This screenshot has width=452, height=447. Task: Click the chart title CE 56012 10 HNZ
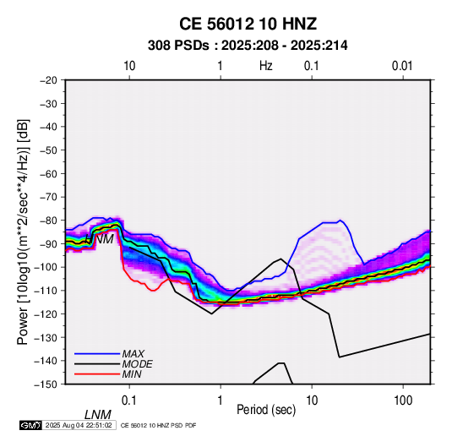(248, 24)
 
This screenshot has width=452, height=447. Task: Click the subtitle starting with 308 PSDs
(248, 46)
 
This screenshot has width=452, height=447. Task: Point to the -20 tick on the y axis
(48, 80)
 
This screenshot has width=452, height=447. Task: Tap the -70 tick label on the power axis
(48, 197)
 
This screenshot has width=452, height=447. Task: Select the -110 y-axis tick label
(46, 291)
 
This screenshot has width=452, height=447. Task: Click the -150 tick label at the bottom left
(46, 384)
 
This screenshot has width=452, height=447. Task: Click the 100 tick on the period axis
(403, 401)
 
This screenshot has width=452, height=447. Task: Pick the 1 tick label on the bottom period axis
(221, 401)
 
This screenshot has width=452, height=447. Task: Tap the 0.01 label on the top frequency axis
(402, 66)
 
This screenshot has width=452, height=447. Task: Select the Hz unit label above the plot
(266, 66)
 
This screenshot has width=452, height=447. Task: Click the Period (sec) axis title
(266, 410)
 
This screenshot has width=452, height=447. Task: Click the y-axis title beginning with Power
(23, 232)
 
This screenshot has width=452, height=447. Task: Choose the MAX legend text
(133, 353)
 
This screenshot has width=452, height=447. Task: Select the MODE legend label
(137, 364)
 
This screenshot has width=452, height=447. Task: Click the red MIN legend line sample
(97, 374)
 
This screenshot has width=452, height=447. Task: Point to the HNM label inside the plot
(100, 239)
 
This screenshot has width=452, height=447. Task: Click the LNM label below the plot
(98, 415)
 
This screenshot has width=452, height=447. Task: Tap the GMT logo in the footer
(31, 425)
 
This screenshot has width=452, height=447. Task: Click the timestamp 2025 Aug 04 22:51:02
(79, 425)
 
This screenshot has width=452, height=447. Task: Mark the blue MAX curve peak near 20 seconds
(340, 221)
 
